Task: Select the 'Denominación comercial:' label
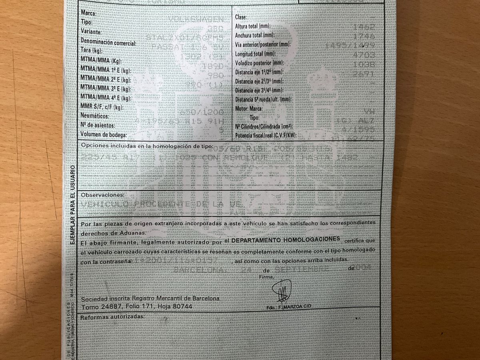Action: click(108, 42)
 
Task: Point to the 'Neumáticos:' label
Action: click(94, 116)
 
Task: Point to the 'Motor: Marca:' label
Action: click(249, 109)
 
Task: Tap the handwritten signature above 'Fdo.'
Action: click(282, 290)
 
